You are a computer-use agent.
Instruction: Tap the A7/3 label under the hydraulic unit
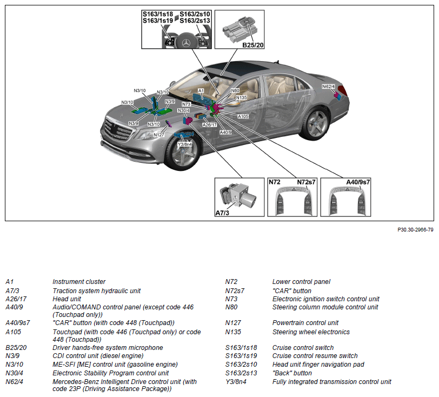click(223, 213)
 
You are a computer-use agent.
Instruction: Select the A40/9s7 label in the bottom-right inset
click(358, 182)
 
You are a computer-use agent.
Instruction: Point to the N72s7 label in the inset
click(307, 182)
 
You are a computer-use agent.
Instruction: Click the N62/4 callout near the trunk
click(328, 87)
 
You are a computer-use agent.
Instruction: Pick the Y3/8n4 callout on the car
click(185, 144)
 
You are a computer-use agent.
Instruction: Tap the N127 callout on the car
click(159, 134)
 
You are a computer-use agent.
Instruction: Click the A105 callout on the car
click(243, 116)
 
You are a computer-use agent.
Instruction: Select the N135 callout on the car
click(241, 98)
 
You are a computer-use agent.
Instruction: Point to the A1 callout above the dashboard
click(201, 91)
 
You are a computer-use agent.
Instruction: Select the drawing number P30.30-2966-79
click(415, 229)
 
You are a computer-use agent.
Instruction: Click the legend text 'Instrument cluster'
click(79, 282)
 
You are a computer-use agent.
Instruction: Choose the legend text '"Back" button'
click(292, 373)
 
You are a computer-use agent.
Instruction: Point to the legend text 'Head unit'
click(66, 299)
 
